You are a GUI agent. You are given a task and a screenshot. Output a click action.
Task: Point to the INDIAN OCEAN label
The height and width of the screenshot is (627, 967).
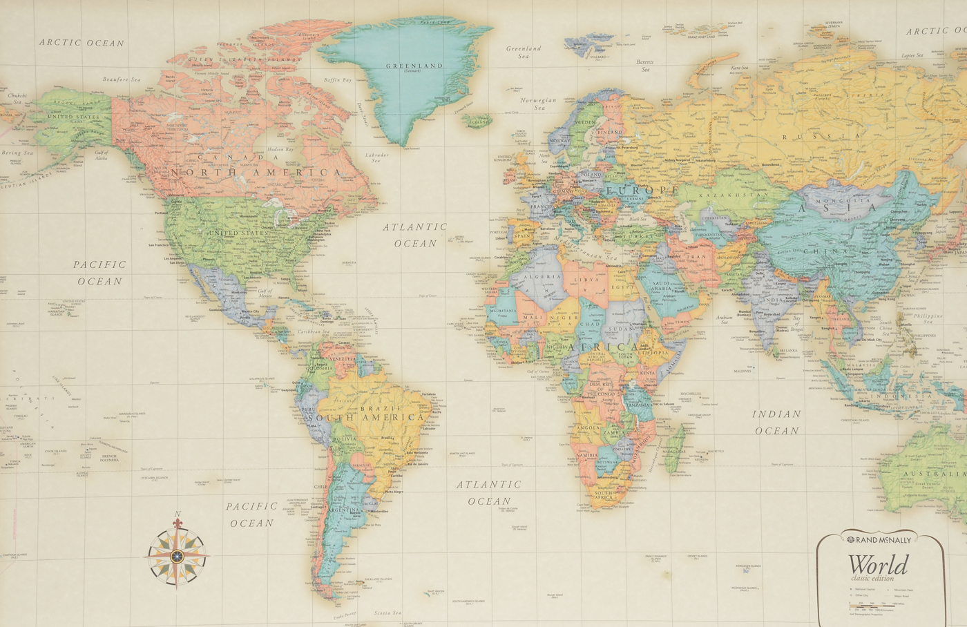click(776, 422)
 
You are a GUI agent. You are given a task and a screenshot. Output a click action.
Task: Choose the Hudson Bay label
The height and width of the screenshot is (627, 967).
click(280, 149)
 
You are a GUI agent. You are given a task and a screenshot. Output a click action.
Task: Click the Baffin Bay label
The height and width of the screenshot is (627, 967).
click(338, 80)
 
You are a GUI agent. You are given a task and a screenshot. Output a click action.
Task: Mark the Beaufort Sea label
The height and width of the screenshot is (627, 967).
click(121, 79)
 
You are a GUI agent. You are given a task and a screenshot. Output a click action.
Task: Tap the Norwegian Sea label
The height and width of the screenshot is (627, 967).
click(538, 104)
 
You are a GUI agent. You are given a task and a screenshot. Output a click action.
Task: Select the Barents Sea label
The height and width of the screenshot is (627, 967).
click(644, 66)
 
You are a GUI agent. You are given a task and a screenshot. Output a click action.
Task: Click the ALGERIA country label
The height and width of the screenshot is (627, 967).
click(544, 277)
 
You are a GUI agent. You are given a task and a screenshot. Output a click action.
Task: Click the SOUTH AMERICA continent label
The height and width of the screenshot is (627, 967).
click(366, 417)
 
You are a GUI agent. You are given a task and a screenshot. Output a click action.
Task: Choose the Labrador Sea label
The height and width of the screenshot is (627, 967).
click(376, 157)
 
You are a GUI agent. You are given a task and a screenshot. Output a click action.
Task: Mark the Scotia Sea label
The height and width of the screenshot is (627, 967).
click(387, 612)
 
